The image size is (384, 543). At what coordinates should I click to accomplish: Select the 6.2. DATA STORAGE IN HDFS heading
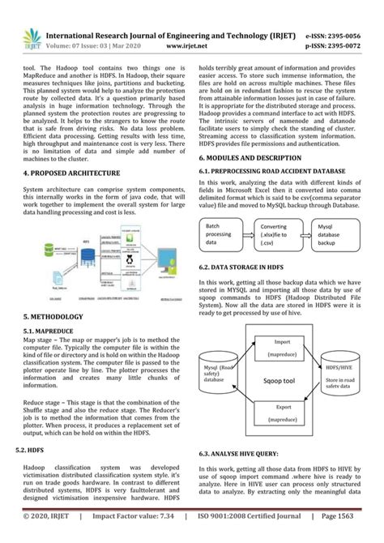click(x=254, y=267)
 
